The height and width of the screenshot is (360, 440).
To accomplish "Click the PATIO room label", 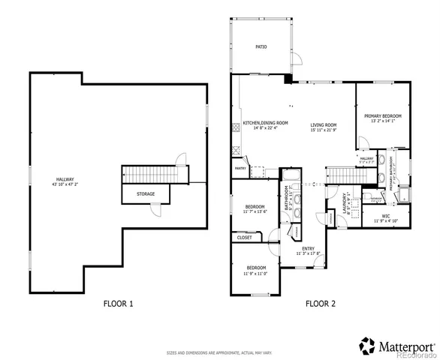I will [261, 46].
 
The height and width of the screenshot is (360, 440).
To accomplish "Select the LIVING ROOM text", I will [324, 124].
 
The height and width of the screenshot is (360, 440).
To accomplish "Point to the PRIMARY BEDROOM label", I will [383, 115].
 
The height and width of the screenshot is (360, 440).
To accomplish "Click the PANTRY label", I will [240, 168].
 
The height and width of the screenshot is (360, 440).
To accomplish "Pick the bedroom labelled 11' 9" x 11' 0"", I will [256, 268].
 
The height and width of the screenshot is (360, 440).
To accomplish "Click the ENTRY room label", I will [309, 248].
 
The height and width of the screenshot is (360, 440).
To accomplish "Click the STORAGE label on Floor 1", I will [146, 193].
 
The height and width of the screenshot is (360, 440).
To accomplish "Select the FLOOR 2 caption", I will [320, 304].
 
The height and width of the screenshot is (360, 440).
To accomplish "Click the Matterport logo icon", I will [368, 345].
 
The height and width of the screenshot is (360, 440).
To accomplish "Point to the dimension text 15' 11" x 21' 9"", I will [324, 130].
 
